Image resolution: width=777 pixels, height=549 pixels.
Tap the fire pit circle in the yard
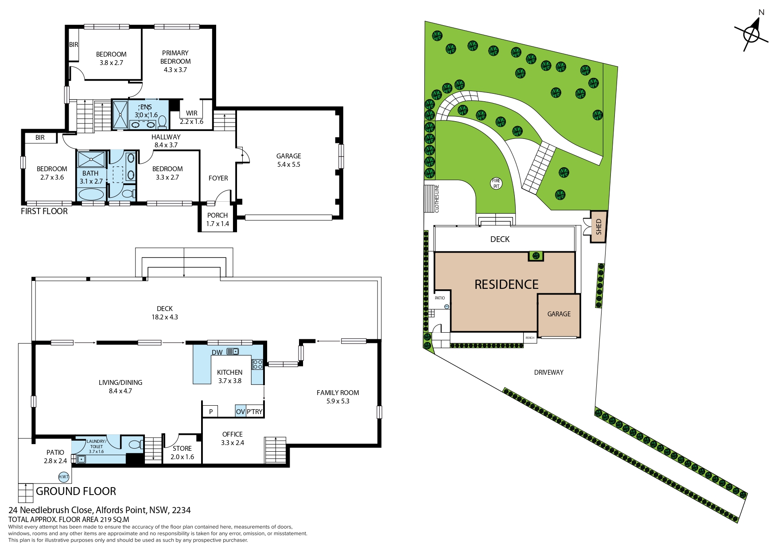[496, 183]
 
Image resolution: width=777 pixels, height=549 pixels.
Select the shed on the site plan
[598, 227]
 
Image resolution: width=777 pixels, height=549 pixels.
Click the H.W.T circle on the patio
[64, 476]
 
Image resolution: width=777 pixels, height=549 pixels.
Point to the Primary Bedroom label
[175, 57]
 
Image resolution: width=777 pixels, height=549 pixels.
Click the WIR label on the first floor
[192, 113]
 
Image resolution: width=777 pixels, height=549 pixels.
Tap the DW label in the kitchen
[217, 353]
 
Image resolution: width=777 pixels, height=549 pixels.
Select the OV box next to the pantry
[241, 411]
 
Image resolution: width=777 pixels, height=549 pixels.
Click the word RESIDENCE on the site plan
[506, 284]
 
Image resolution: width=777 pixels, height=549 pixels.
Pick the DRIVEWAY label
[549, 372]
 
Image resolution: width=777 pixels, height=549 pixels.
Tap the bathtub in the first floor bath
[91, 194]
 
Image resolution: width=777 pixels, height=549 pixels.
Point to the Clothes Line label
[436, 199]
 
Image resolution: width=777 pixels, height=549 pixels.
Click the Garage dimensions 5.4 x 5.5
[289, 165]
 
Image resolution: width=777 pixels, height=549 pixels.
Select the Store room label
[182, 449]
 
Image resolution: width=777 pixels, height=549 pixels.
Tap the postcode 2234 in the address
[181, 510]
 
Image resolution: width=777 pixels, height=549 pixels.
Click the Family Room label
[338, 393]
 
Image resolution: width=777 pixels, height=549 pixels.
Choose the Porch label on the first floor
[218, 215]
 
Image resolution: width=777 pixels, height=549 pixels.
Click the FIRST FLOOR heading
[44, 211]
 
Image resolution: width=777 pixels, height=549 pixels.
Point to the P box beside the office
[211, 411]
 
